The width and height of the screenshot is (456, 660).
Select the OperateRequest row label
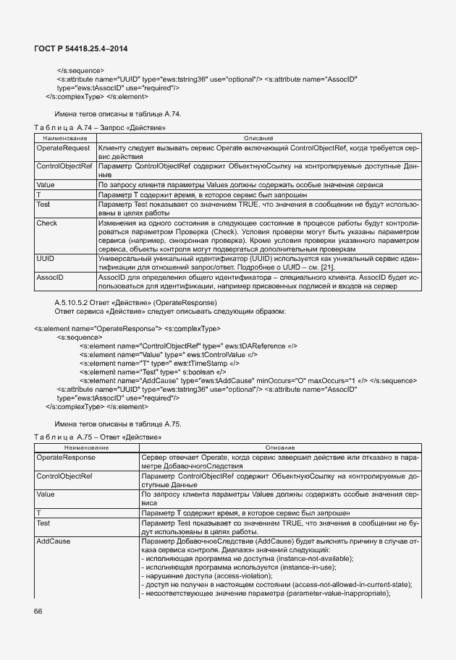[58, 147]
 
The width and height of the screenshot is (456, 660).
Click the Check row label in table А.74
[46, 223]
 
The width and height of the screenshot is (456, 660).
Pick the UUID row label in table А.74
[46, 258]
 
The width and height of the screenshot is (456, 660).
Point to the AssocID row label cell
[49, 278]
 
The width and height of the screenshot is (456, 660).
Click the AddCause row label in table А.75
[52, 541]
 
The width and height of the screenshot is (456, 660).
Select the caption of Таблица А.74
[90, 127]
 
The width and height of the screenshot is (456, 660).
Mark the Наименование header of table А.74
[64, 137]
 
